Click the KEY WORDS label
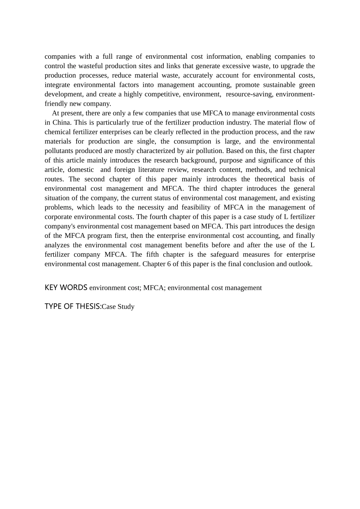click(66, 287)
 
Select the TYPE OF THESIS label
click(73, 306)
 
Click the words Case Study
click(118, 307)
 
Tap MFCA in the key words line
click(153, 288)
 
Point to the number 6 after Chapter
click(169, 264)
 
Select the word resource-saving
click(249, 94)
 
